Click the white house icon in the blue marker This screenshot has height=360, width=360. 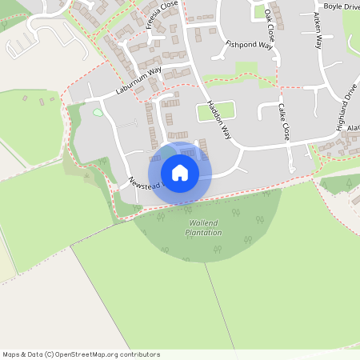pos(180,172)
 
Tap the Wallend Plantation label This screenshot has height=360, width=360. pos(203,227)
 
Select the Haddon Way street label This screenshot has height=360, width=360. pos(218,121)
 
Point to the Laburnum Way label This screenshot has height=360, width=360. pos(138,82)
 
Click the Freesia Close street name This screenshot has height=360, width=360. pos(162,16)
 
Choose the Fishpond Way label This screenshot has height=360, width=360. pos(249,46)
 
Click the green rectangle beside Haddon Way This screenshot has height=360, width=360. pos(216,110)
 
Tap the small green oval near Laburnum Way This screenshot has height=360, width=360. pos(98,113)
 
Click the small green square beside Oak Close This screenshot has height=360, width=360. pos(258,12)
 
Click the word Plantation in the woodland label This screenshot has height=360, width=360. pos(203,233)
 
